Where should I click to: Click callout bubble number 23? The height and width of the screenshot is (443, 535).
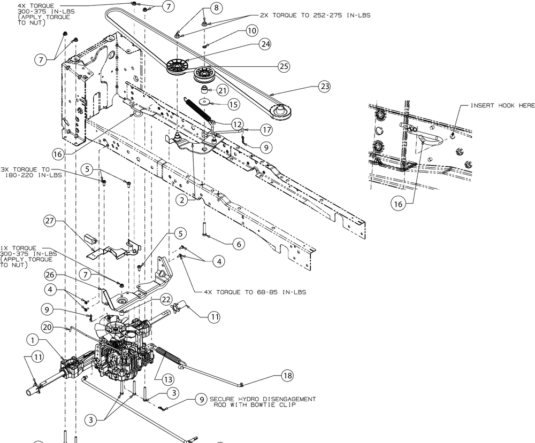click(x=325, y=86)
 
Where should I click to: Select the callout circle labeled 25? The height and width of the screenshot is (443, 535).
click(x=284, y=66)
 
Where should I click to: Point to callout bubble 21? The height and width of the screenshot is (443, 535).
click(x=222, y=90)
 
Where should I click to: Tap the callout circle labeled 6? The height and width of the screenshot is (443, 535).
click(x=239, y=244)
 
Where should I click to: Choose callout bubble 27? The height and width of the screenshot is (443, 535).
click(x=50, y=222)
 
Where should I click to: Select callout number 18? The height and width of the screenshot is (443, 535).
click(x=287, y=376)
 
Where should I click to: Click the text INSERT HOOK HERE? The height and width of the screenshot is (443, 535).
click(x=502, y=106)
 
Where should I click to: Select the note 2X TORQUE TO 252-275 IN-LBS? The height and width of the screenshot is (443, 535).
click(x=315, y=15)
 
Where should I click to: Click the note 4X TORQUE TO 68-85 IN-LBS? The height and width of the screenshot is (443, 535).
click(x=255, y=292)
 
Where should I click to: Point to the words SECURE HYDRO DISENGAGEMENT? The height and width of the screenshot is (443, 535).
click(x=262, y=399)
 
